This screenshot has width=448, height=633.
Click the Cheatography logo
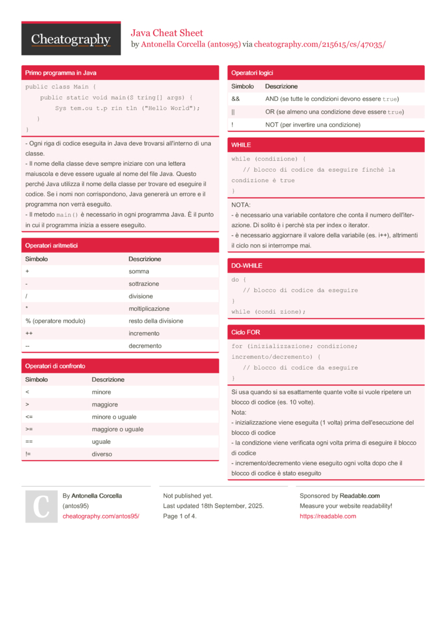tap(71, 39)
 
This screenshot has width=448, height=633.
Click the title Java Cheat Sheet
tap(167, 33)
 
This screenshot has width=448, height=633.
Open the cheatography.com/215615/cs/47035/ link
tap(320, 44)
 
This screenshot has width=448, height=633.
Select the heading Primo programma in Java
tap(61, 73)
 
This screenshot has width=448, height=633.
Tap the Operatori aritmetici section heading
tap(51, 245)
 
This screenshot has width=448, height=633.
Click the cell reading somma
tap(139, 271)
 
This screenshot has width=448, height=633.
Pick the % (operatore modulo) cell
tap(55, 321)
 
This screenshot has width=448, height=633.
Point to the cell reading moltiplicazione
tap(149, 308)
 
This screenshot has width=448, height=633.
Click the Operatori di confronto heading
tap(55, 366)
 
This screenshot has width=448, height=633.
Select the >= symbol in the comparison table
tap(29, 429)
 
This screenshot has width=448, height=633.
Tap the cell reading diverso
tap(102, 454)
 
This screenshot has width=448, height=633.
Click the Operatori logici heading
tap(252, 73)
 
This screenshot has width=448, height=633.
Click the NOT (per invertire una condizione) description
tap(312, 125)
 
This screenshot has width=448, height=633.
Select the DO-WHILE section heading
tap(247, 265)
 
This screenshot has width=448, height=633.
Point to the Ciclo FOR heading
tap(246, 332)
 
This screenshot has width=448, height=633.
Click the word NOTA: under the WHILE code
tap(241, 205)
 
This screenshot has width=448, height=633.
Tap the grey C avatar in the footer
tap(41, 507)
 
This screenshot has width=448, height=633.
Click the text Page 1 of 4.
tap(180, 516)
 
